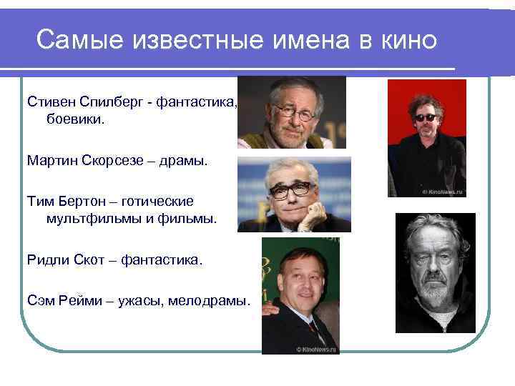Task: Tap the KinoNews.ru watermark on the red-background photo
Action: pyautogui.click(x=443, y=192)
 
